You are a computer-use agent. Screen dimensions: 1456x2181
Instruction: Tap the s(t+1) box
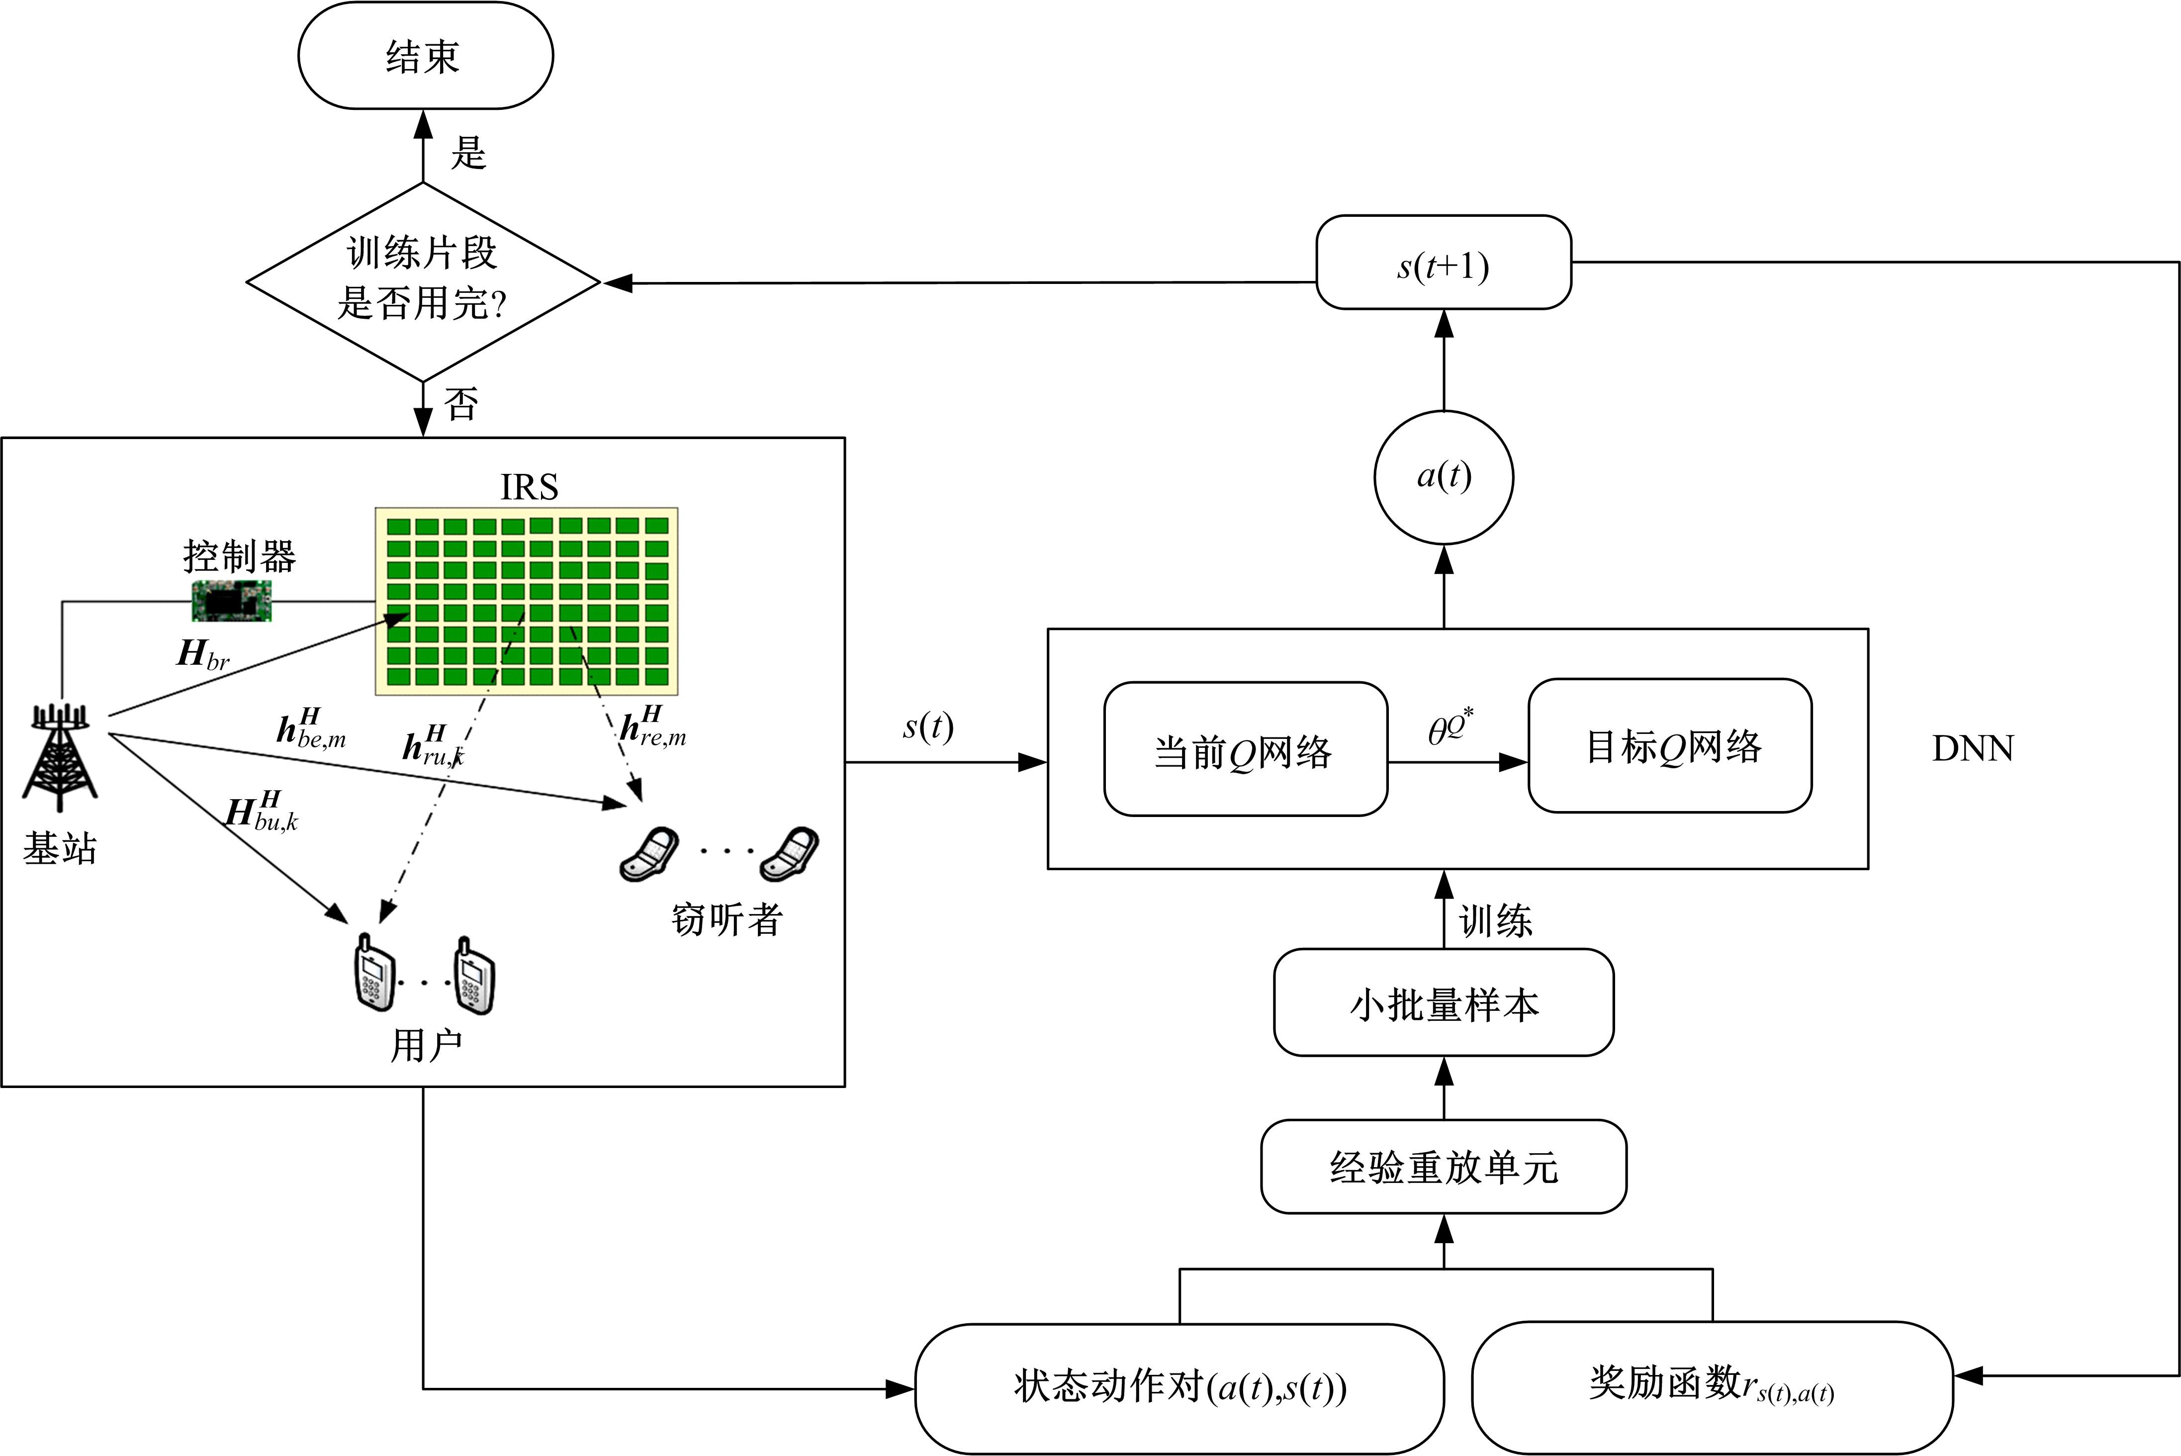click(1443, 264)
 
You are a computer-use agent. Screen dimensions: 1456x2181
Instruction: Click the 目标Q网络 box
click(1669, 745)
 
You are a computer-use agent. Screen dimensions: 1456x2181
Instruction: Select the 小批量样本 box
click(1443, 1003)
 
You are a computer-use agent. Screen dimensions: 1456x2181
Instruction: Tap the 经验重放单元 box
click(1443, 1166)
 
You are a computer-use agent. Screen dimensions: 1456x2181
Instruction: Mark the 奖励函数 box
click(1711, 1386)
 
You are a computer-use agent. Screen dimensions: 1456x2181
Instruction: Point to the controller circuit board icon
click(231, 601)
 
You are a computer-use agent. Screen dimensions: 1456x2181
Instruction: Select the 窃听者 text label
click(726, 919)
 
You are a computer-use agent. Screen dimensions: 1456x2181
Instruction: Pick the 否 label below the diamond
click(461, 404)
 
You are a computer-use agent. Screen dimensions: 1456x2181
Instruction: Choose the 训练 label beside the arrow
click(1495, 921)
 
